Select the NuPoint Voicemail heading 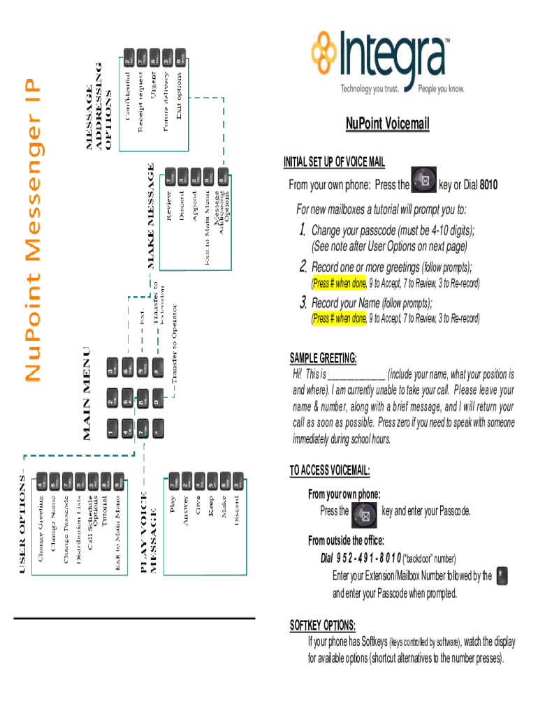coord(387,124)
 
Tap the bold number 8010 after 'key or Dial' coord(488,186)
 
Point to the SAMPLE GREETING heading coord(323,358)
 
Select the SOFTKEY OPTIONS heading coord(322,624)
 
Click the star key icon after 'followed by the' coord(504,576)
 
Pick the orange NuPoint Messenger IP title coord(33,230)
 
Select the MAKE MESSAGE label coord(151,215)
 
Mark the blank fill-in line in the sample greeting coord(356,374)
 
